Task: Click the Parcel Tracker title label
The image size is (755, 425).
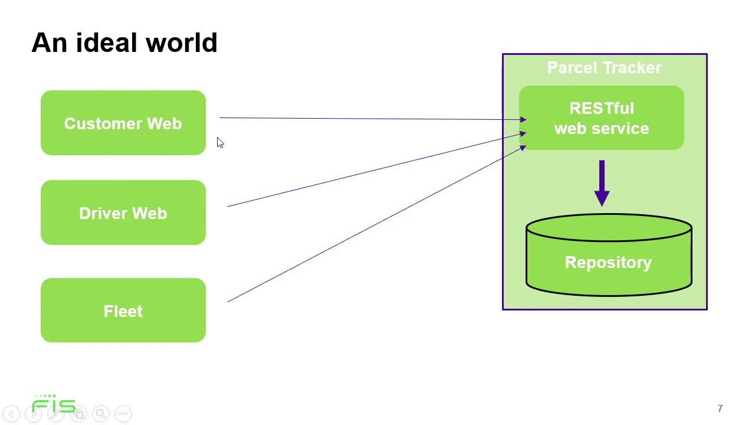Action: (x=604, y=68)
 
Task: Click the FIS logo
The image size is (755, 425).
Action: (x=54, y=404)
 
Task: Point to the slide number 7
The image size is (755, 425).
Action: (x=720, y=408)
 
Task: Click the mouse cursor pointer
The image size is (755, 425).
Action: (x=219, y=142)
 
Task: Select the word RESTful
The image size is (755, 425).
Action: (x=602, y=109)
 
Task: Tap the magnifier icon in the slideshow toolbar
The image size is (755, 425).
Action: (x=101, y=414)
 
